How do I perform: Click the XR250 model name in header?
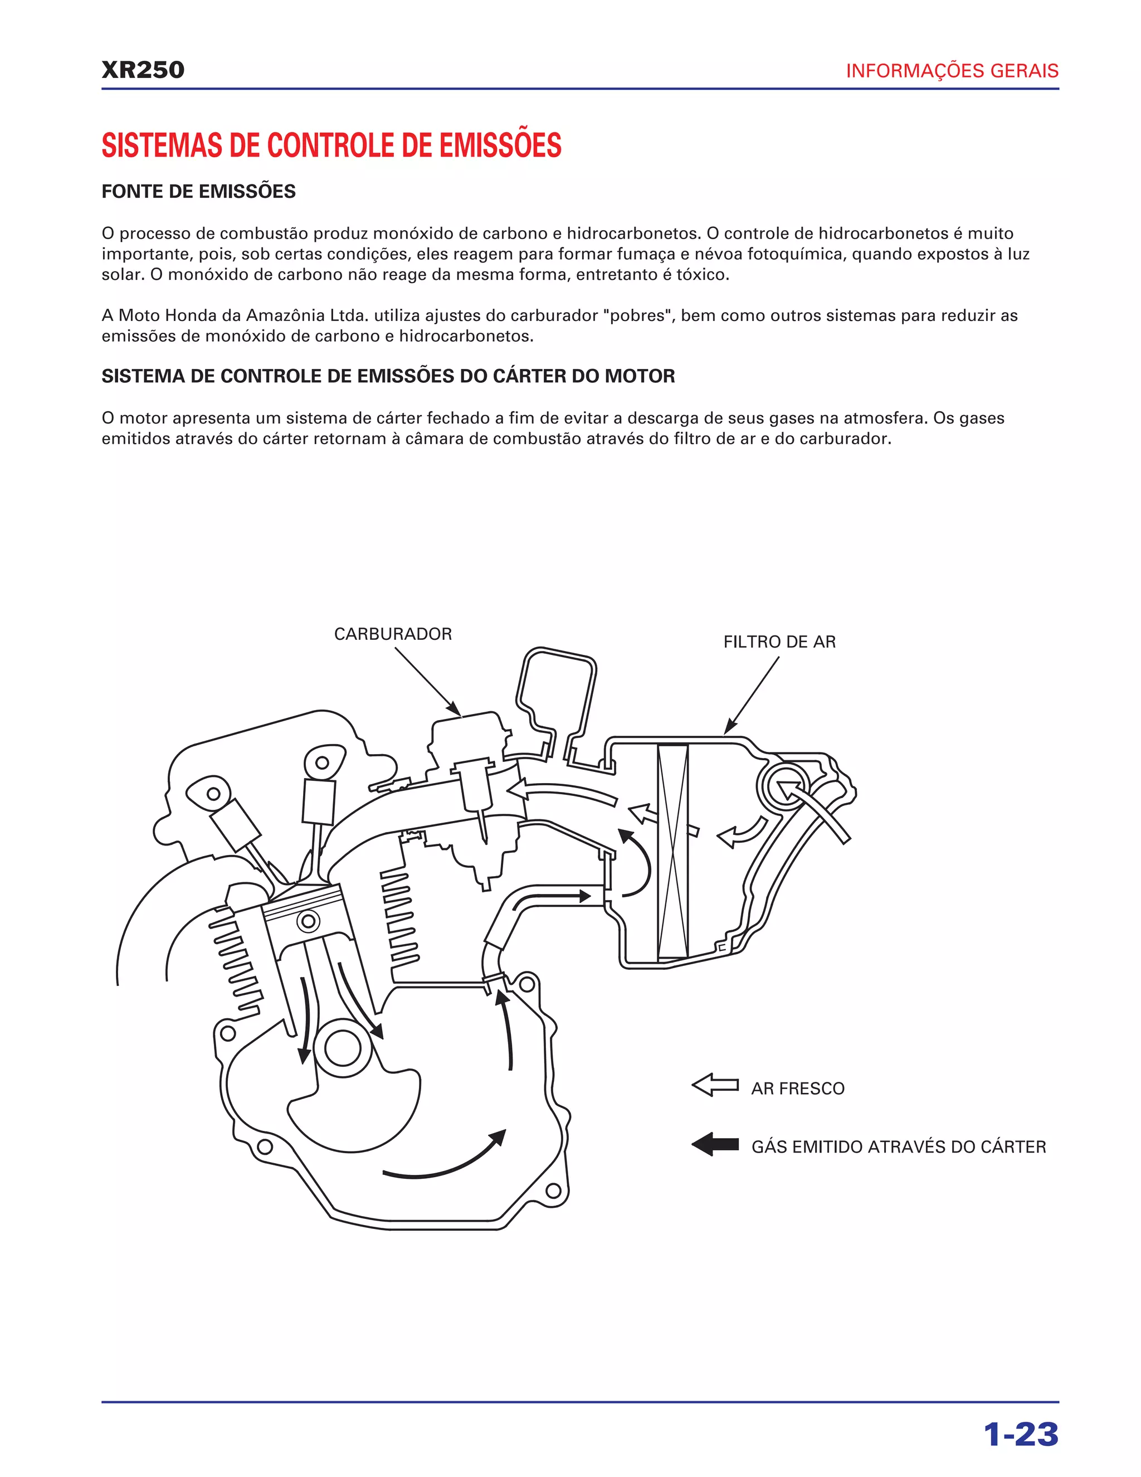tap(143, 70)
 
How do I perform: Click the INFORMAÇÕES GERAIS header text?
tap(952, 71)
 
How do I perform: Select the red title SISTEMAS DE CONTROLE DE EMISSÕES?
tap(331, 145)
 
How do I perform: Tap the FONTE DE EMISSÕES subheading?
tap(198, 191)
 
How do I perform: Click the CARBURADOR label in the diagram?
tap(393, 634)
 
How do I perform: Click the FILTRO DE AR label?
tap(779, 642)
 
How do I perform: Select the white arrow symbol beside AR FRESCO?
tap(715, 1085)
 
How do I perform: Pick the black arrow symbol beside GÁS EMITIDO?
tap(715, 1144)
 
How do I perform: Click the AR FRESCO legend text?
tap(798, 1088)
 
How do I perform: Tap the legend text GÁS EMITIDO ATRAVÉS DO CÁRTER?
tap(898, 1147)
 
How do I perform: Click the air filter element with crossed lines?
tap(672, 852)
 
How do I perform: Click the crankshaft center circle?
tap(343, 1048)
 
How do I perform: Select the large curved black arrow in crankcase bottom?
tap(446, 1159)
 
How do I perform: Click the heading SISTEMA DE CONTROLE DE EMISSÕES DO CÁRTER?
tap(388, 376)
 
